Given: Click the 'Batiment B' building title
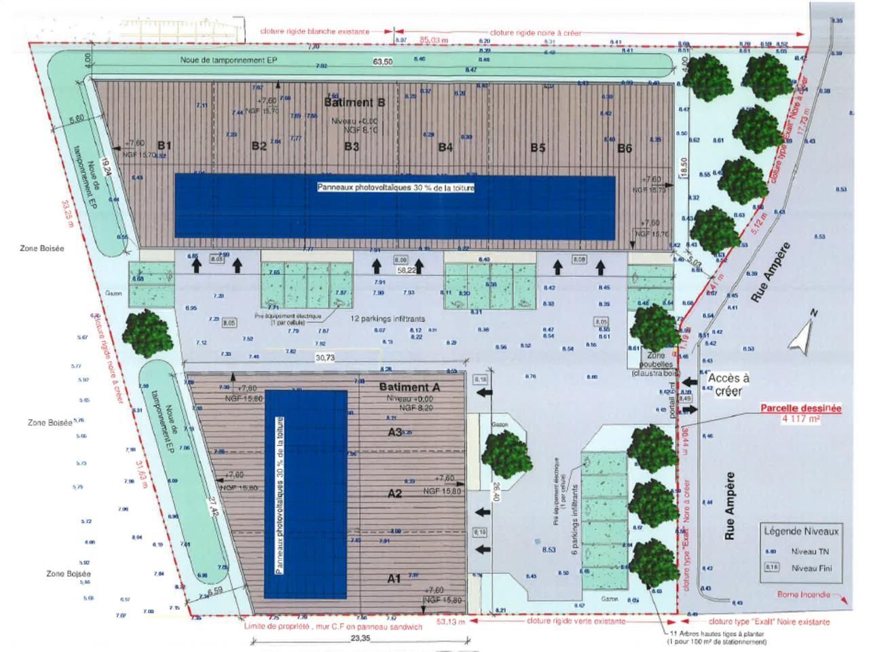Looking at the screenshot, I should point(354,103).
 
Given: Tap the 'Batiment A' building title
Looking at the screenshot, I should point(409,387).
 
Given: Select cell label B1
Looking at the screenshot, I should point(164,145).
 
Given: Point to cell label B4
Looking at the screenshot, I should point(445,147).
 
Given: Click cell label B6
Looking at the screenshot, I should point(624,147).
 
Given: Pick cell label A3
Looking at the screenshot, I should point(395,432).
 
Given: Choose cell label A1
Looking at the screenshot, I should point(394,579).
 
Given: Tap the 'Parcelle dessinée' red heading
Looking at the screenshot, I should point(800,409).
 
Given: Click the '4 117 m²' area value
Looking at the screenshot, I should point(800,420).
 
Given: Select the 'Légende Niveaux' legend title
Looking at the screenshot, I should point(801,532).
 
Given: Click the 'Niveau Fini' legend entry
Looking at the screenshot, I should point(811,568).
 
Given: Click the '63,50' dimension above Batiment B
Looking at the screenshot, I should point(383,62).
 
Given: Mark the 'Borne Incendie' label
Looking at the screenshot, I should point(804,595).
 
